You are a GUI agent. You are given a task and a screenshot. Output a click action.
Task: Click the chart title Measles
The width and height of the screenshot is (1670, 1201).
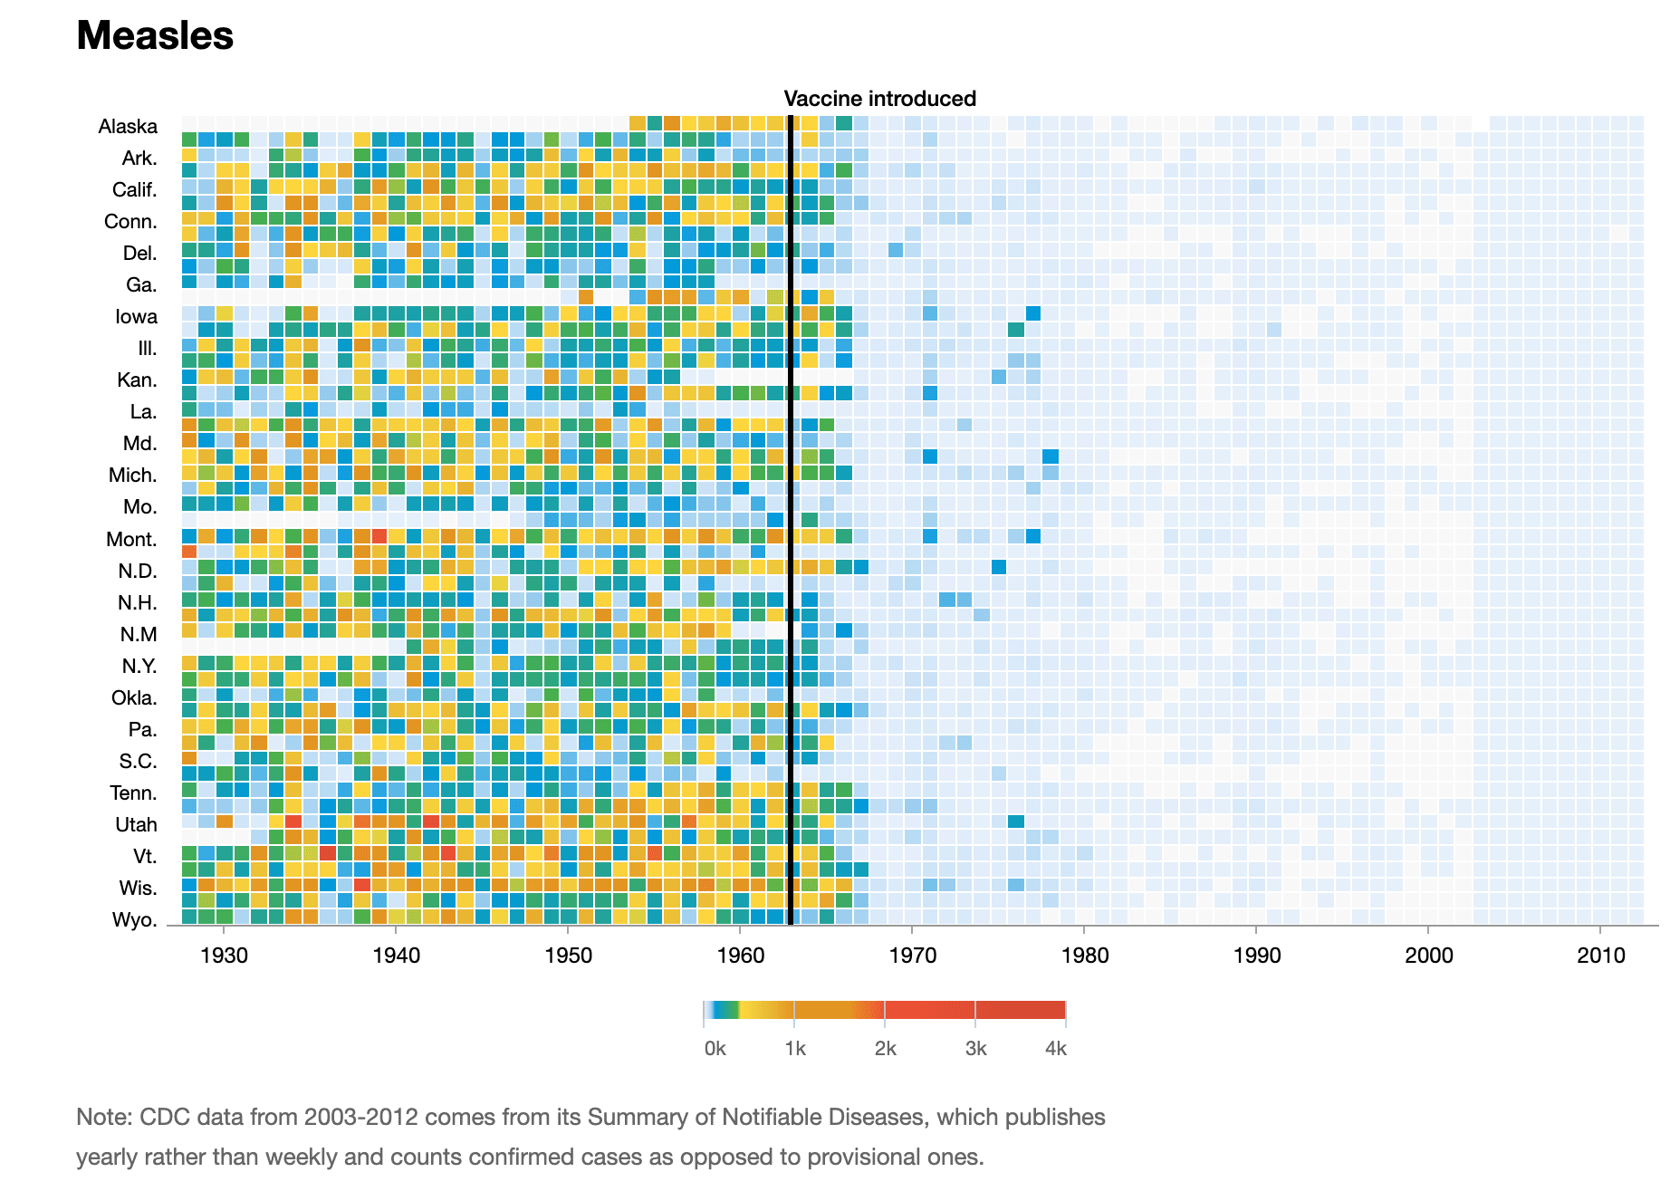tap(155, 36)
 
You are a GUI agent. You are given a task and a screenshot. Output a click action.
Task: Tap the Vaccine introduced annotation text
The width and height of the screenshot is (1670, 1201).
tap(879, 99)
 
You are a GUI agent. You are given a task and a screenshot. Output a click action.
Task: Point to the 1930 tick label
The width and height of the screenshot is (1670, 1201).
tap(224, 956)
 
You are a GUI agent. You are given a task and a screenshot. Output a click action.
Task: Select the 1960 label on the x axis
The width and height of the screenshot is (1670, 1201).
tap(740, 956)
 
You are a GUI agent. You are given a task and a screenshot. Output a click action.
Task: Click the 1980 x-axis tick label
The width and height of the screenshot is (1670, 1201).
tap(1084, 956)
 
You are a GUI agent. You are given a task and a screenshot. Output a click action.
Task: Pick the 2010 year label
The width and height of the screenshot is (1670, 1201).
tap(1600, 956)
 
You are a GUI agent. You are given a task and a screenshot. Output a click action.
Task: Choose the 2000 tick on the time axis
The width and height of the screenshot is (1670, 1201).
tap(1428, 956)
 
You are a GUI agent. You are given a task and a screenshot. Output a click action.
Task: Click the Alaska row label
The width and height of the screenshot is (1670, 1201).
tap(128, 127)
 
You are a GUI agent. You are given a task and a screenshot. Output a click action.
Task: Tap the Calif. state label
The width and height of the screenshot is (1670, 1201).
tap(134, 190)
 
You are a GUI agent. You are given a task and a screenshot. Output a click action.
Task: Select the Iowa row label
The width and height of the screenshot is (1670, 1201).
tap(136, 317)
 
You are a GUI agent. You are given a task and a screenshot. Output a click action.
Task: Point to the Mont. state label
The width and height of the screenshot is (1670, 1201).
tap(131, 540)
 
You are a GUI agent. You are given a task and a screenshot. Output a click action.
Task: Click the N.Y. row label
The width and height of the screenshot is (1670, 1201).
tap(139, 667)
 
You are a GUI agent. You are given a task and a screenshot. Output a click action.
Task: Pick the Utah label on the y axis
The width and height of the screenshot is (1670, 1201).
tap(136, 825)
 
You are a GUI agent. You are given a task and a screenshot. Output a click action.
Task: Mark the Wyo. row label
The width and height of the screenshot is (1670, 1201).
tap(134, 920)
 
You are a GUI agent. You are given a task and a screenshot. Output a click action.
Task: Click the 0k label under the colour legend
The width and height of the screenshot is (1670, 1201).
tap(715, 1049)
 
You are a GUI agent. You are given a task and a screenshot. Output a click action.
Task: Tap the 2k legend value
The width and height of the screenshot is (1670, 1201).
tap(885, 1049)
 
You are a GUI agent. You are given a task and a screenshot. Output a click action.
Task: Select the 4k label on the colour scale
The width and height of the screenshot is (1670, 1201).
tap(1055, 1049)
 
